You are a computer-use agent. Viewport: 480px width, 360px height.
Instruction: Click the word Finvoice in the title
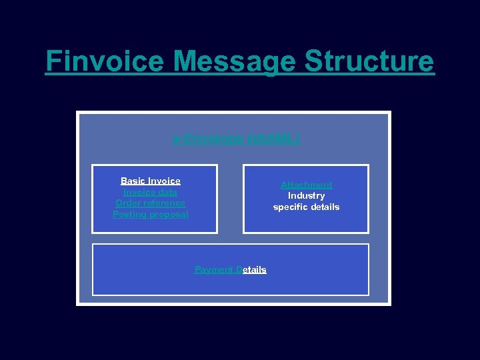coord(104,62)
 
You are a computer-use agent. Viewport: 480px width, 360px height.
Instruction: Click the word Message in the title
coord(234,62)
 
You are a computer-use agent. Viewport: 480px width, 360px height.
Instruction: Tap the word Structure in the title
coord(369,62)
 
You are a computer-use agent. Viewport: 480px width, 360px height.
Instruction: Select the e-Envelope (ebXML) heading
coord(237,139)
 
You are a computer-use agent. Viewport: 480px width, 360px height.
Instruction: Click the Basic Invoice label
coord(151,181)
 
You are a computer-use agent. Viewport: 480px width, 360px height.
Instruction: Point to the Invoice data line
coord(151,192)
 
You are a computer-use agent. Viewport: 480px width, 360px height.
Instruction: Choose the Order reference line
coord(151,203)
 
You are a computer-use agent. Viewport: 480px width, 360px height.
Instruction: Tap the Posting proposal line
coord(151,214)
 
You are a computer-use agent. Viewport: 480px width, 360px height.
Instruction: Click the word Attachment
coord(306,185)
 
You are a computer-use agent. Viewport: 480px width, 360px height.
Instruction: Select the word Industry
coord(306,195)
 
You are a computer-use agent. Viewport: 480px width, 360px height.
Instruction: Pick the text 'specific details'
coord(306,207)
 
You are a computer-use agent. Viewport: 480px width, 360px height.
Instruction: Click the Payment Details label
coord(230,269)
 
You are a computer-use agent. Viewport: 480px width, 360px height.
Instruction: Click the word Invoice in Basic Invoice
coord(164,181)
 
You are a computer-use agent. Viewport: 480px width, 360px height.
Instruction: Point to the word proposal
coord(169,214)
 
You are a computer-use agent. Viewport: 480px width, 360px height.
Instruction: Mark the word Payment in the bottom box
coord(213,269)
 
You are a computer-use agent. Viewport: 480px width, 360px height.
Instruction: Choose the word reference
coord(164,203)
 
